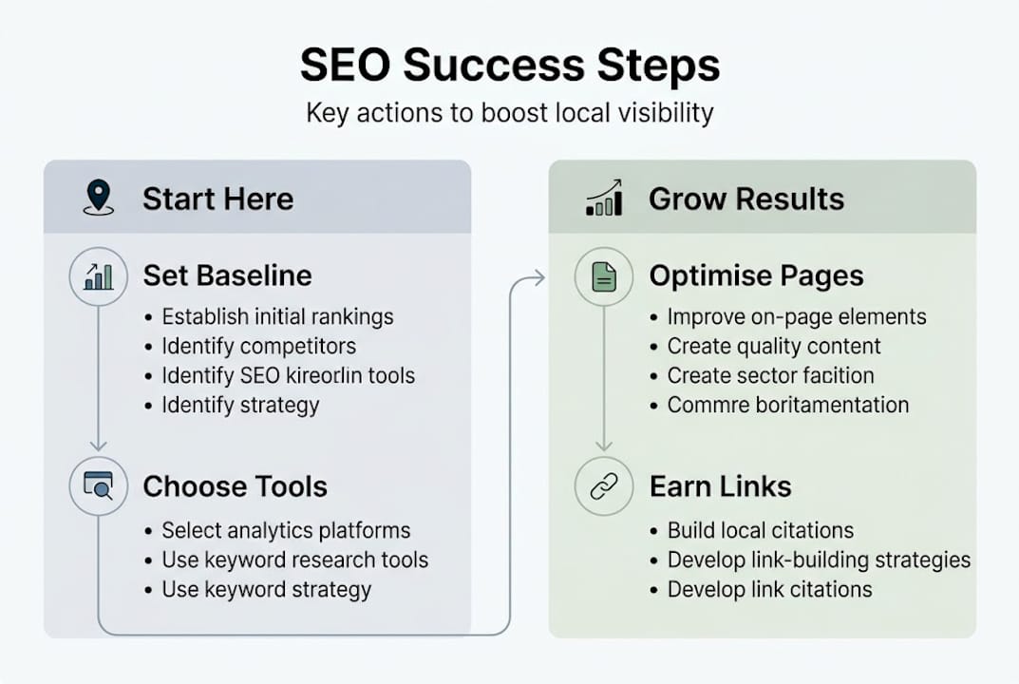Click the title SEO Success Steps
509,66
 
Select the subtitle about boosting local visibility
509,113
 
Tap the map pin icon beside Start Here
98,198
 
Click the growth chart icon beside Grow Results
604,198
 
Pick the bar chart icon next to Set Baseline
98,276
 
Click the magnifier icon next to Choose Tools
98,486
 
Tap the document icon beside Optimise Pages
604,276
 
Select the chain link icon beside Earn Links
604,486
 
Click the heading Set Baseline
227,275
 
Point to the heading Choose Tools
235,486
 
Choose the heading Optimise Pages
756,275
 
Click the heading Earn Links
720,486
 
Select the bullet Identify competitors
258,346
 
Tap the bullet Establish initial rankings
277,316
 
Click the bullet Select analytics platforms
286,530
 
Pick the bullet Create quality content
774,346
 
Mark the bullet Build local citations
760,530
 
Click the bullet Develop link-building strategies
819,560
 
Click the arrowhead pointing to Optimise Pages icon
539,277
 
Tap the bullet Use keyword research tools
294,560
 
